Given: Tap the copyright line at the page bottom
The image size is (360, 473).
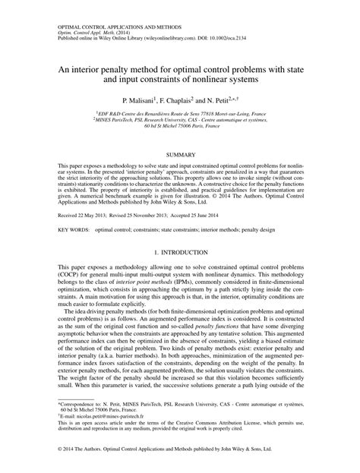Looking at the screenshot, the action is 180,456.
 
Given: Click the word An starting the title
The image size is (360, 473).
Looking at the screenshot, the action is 65,67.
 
